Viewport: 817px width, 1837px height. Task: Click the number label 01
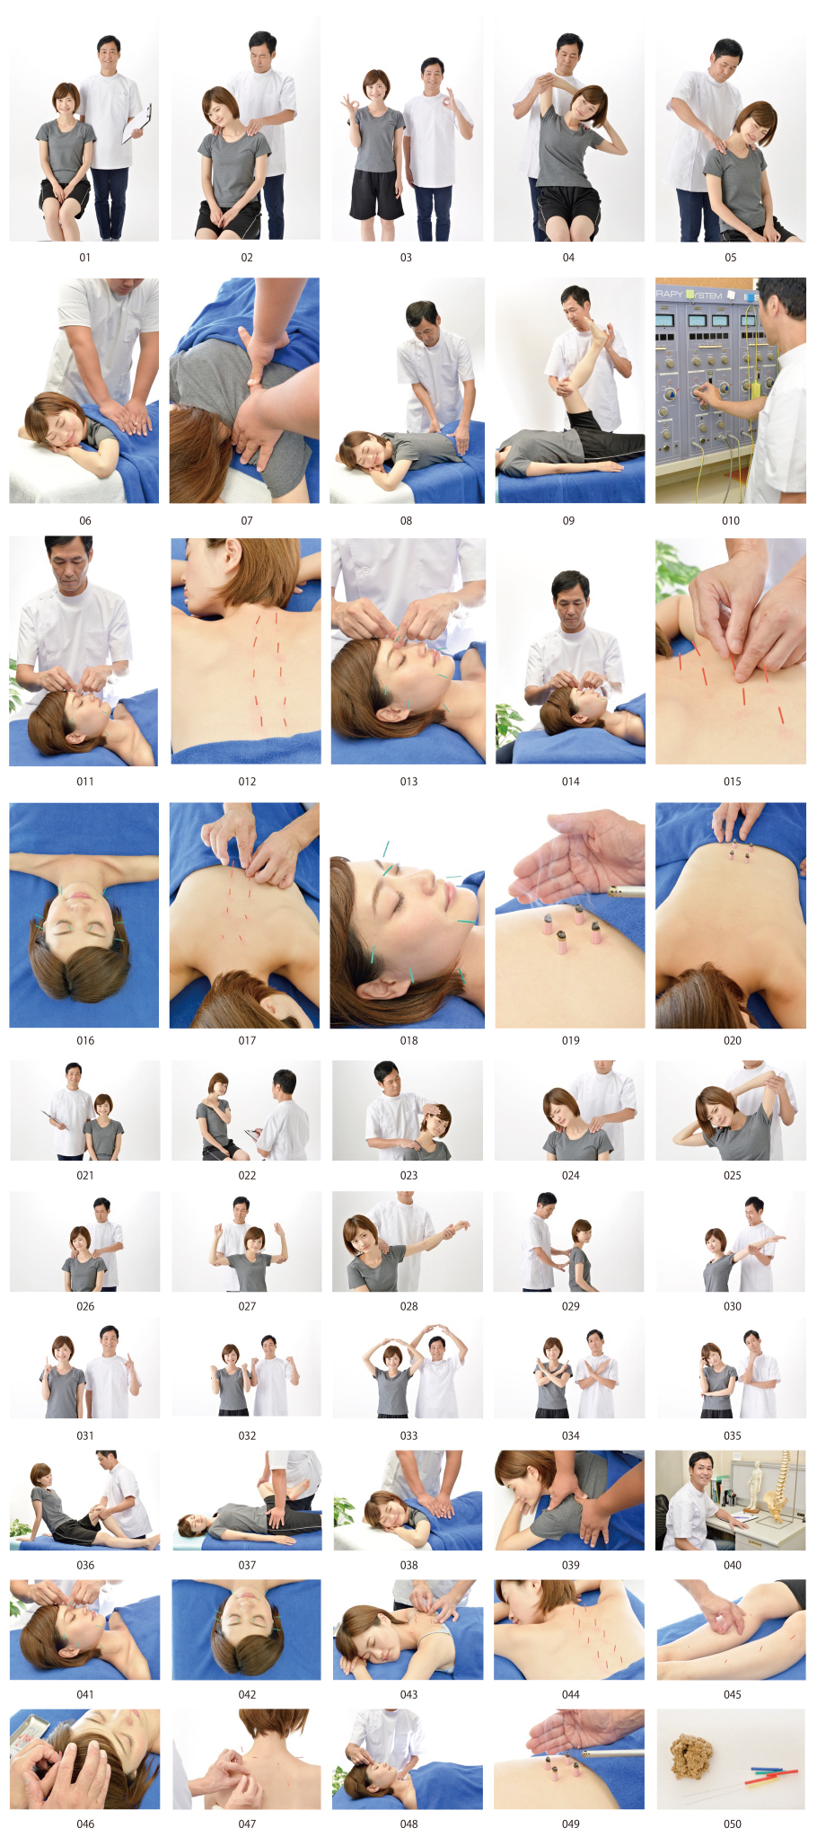(84, 258)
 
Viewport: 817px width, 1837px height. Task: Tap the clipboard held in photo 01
(136, 125)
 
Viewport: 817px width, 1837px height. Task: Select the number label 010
(731, 521)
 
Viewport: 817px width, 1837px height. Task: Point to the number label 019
(570, 1041)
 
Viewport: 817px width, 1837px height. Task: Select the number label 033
(408, 1435)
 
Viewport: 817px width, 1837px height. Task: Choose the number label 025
(732, 1175)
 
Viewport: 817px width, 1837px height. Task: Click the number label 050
(732, 1824)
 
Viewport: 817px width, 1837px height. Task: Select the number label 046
(85, 1824)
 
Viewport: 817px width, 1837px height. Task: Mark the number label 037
(247, 1565)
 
